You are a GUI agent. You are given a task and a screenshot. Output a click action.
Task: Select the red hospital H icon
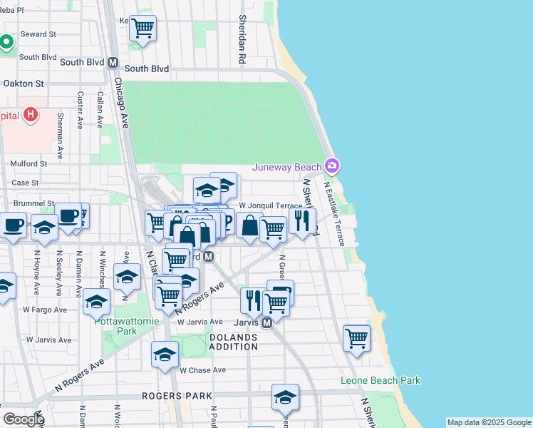(x=30, y=114)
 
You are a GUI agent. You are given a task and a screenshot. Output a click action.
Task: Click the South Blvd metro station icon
(x=113, y=63)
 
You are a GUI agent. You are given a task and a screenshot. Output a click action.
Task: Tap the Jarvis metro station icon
(x=267, y=323)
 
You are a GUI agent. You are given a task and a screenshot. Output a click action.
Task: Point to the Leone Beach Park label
(x=380, y=381)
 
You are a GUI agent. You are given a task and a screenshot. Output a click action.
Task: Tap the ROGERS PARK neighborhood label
(x=177, y=395)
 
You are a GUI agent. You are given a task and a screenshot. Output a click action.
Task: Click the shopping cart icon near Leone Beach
(x=356, y=337)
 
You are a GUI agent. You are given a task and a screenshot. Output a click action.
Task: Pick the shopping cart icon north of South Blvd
(x=143, y=28)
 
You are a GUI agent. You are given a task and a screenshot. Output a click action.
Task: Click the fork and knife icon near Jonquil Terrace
(x=303, y=220)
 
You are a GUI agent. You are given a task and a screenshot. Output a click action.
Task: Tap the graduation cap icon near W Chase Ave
(x=165, y=354)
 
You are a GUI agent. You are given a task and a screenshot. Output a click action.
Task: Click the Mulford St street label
(x=29, y=163)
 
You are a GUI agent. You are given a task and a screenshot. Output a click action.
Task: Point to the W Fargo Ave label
(x=45, y=310)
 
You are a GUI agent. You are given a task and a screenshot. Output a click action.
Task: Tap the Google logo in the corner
(x=23, y=419)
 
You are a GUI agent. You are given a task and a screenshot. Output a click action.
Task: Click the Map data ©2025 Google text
(x=489, y=422)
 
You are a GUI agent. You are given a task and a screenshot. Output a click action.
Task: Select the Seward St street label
(x=38, y=34)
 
